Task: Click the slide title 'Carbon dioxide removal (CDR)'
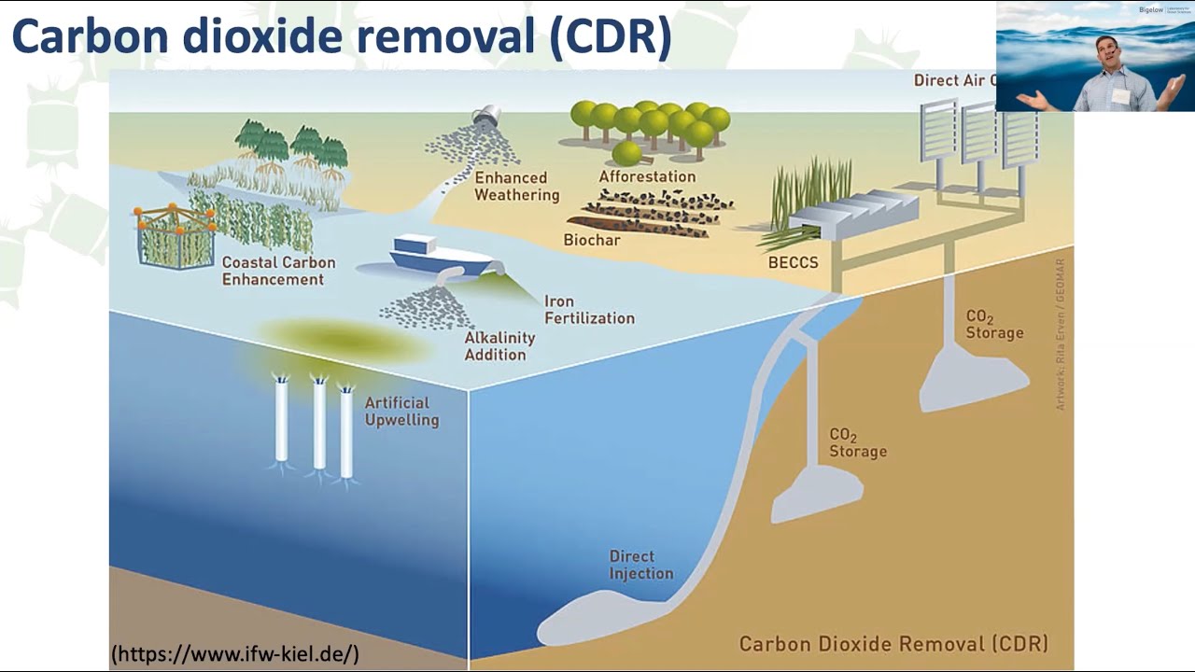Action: tap(342, 37)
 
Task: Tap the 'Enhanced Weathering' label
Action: tap(516, 186)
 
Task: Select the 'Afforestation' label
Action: tap(647, 176)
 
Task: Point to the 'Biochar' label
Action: tap(592, 240)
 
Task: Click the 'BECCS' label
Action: tap(793, 262)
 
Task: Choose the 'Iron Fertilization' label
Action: tap(589, 310)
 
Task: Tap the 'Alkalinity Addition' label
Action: tap(499, 346)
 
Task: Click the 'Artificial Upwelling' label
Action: tap(401, 412)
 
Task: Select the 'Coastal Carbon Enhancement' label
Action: tap(278, 271)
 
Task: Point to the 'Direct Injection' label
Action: tap(641, 565)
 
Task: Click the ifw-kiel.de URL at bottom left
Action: tap(234, 654)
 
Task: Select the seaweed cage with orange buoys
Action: tap(176, 235)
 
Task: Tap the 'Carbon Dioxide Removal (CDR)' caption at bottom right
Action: tap(893, 644)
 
